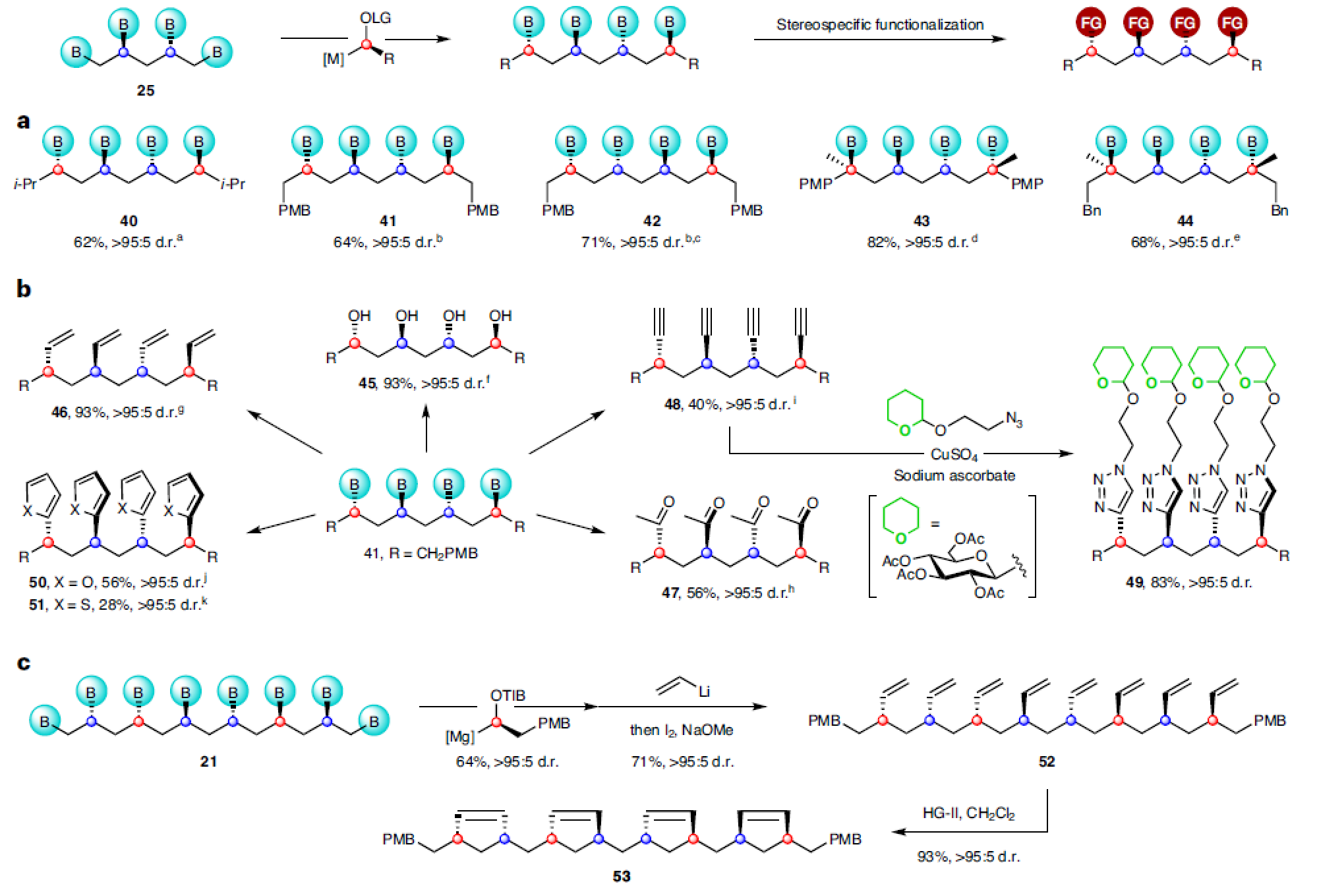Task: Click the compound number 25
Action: pyautogui.click(x=146, y=90)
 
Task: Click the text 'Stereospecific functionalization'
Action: pyautogui.click(x=879, y=25)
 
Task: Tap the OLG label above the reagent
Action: pyautogui.click(x=375, y=18)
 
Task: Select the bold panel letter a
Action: pyautogui.click(x=24, y=121)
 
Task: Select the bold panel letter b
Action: pyautogui.click(x=24, y=289)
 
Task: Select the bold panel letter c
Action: pyautogui.click(x=24, y=663)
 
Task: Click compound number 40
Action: pyautogui.click(x=129, y=221)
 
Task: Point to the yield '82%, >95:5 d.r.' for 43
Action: pyautogui.click(x=922, y=242)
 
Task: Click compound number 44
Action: pyautogui.click(x=1185, y=221)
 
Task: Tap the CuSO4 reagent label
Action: pyautogui.click(x=954, y=455)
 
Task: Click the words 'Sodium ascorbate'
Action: pyautogui.click(x=954, y=475)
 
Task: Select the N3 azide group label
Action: pyautogui.click(x=1014, y=419)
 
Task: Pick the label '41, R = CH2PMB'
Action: pyautogui.click(x=421, y=553)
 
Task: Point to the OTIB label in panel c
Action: pyautogui.click(x=508, y=695)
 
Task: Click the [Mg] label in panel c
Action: pyautogui.click(x=459, y=736)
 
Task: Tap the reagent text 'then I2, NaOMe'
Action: pyautogui.click(x=682, y=730)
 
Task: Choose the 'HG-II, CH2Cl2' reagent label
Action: pyautogui.click(x=968, y=813)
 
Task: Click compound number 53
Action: pyautogui.click(x=622, y=875)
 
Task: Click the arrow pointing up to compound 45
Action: pyautogui.click(x=426, y=428)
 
